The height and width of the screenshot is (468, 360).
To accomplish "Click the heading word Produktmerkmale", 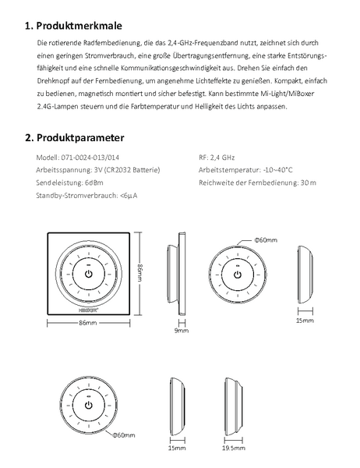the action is (79, 26).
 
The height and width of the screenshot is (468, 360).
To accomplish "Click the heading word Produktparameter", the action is (80, 137).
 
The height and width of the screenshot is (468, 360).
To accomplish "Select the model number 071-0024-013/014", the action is (90, 158).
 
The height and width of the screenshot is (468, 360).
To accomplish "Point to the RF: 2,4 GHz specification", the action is (217, 158).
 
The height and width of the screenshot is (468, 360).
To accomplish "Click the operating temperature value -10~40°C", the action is (277, 170).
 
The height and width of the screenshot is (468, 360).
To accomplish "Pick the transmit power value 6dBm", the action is (94, 183).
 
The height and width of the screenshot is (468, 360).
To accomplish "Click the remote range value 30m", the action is (309, 183).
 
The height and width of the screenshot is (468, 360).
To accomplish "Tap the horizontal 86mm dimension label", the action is (88, 323).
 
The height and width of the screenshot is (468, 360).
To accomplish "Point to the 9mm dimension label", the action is (182, 331).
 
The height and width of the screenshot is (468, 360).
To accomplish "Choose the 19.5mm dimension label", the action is (234, 448).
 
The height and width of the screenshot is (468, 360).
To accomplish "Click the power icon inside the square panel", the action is (89, 274).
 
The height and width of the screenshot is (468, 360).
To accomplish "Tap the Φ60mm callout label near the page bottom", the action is (124, 435).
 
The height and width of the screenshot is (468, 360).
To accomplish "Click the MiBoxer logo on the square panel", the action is (89, 310).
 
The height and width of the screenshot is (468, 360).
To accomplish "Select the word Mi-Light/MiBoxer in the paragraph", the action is (288, 94).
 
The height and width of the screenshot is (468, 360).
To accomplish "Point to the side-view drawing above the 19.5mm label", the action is (234, 406).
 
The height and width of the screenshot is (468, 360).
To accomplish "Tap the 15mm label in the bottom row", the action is (177, 448).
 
